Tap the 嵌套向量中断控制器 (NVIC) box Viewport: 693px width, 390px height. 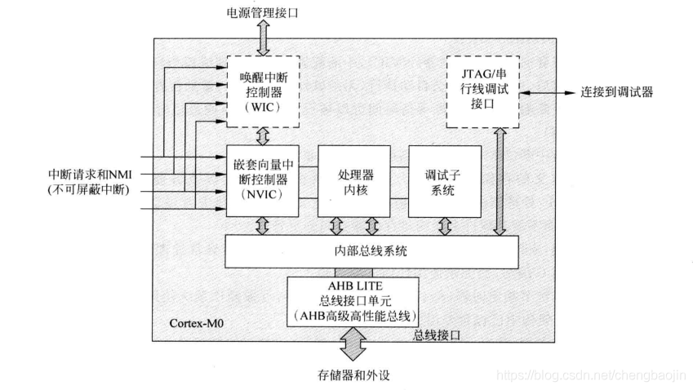pyautogui.click(x=262, y=181)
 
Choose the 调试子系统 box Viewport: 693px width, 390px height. pyautogui.click(x=444, y=181)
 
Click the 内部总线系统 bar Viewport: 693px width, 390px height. pyautogui.click(x=371, y=251)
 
